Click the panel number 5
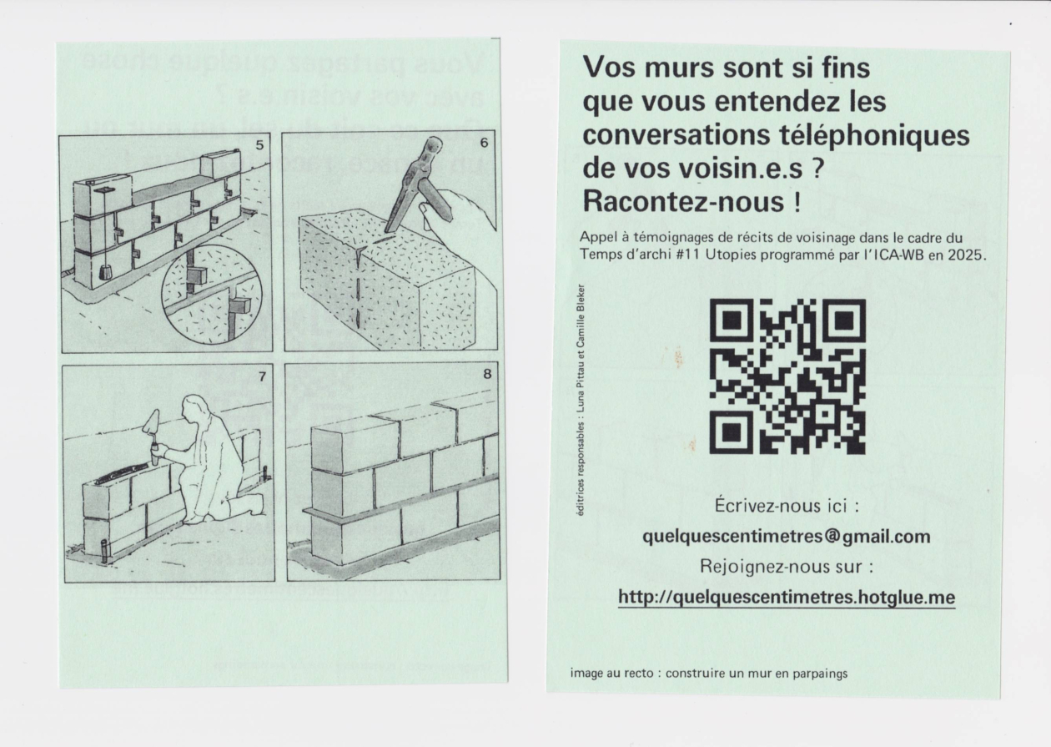(259, 145)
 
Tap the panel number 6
(484, 143)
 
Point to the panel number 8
(488, 375)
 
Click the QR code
(787, 376)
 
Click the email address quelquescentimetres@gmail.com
(786, 536)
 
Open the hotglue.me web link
(786, 598)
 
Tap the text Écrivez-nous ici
(786, 506)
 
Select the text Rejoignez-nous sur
(786, 567)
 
